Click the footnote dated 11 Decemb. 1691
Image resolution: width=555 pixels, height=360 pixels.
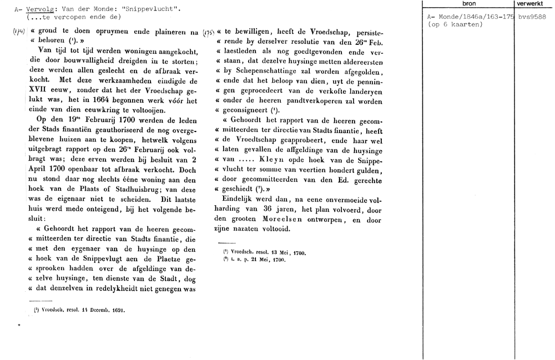(x=78, y=311)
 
